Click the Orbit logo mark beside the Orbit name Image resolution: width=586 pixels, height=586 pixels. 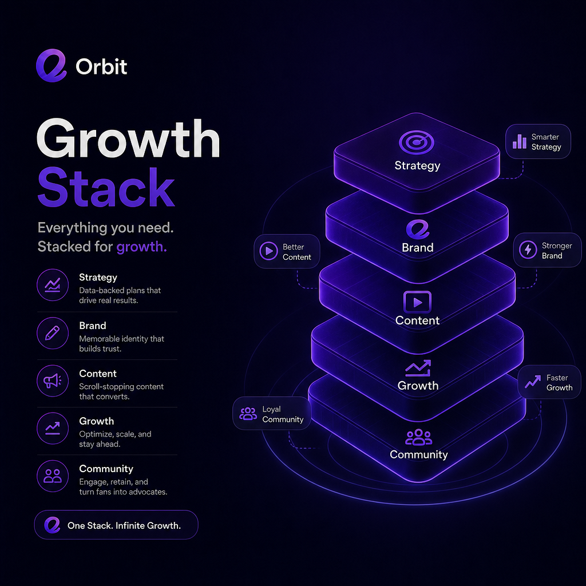(x=51, y=66)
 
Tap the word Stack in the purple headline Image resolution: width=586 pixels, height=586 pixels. (x=106, y=188)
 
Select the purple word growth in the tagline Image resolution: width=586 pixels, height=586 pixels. (x=142, y=247)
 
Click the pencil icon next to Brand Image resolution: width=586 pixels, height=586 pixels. (x=52, y=333)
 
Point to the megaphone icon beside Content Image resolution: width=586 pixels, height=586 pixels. (x=52, y=381)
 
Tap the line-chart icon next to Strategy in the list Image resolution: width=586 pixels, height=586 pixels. (x=52, y=285)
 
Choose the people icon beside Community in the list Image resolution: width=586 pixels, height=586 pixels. (x=52, y=476)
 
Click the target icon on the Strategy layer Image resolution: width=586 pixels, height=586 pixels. (x=417, y=142)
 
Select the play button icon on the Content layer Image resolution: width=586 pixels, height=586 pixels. (x=417, y=302)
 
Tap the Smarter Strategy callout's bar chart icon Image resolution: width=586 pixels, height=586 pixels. (x=520, y=141)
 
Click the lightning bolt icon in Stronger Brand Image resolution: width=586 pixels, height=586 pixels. (x=528, y=250)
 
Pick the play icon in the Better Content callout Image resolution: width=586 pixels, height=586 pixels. (x=269, y=251)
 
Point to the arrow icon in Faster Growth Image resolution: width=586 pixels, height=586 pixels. (x=533, y=382)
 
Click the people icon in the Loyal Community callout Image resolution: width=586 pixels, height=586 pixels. (x=248, y=413)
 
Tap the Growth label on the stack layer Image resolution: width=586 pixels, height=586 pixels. (x=418, y=385)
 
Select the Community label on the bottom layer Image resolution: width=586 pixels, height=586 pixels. (x=418, y=454)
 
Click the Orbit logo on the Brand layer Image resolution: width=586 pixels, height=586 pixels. (x=417, y=229)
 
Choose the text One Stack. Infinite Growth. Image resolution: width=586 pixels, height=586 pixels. (x=124, y=525)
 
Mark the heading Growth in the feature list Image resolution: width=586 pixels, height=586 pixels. (x=96, y=421)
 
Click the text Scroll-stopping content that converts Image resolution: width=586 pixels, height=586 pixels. (x=121, y=391)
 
